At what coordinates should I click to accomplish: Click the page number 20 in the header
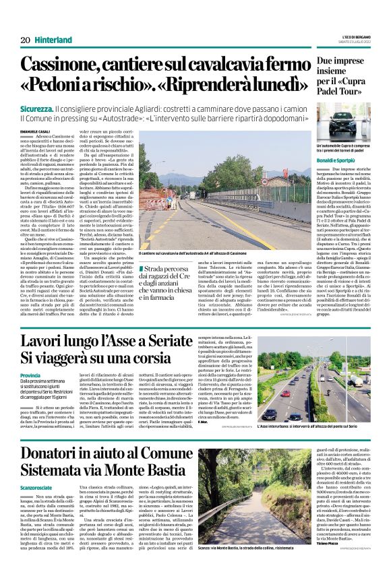coord(25,40)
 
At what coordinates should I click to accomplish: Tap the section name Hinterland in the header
coord(55,40)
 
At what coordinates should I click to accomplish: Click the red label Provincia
coord(30,375)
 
